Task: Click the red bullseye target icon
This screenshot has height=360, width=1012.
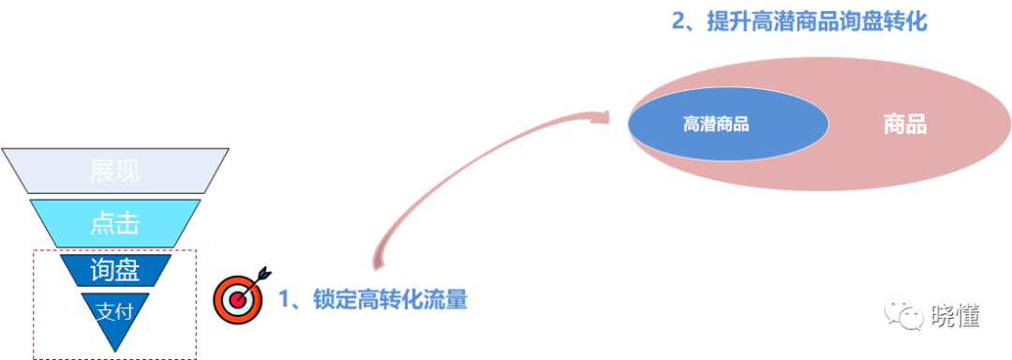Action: point(238,297)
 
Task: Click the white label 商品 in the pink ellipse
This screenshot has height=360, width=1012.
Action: point(904,125)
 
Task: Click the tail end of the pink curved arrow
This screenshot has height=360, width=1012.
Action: point(379,264)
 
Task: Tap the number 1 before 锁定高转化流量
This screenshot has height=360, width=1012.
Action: point(284,300)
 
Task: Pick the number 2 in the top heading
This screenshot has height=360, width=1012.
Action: point(679,21)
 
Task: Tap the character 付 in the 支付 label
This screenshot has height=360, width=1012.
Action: point(124,313)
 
